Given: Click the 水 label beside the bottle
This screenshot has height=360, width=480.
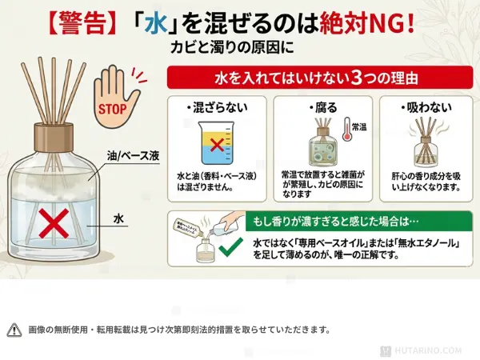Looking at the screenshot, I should (x=118, y=217).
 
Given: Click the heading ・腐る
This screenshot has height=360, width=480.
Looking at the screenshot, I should (x=318, y=106).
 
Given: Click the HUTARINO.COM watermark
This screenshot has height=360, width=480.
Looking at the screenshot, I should (x=430, y=350).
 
